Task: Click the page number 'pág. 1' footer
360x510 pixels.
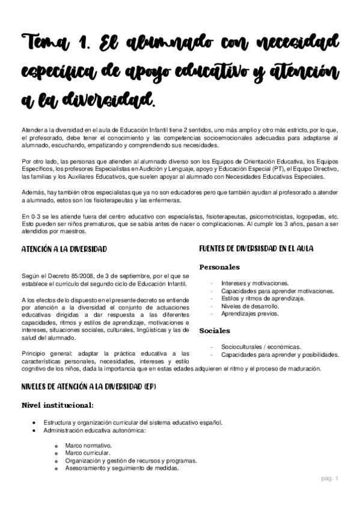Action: pos(329,479)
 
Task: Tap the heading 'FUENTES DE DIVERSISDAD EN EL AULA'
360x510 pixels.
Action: pos(263,248)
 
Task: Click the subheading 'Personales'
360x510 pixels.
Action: pos(219,267)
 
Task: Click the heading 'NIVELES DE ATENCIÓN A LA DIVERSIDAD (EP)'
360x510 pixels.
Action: pos(88,386)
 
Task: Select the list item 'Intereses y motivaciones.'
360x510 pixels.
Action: pos(255,283)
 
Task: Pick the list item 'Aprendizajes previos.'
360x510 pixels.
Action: pos(249,314)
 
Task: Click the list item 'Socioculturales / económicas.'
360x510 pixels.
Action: pos(260,346)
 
